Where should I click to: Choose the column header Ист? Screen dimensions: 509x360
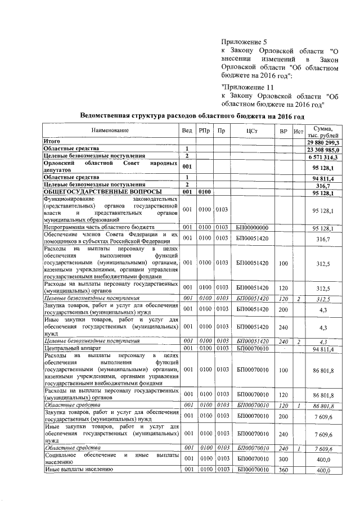click(299, 130)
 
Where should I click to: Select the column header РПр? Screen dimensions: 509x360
click(204, 130)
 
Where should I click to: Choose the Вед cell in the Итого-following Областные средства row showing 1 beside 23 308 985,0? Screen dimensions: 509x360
click(187, 150)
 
